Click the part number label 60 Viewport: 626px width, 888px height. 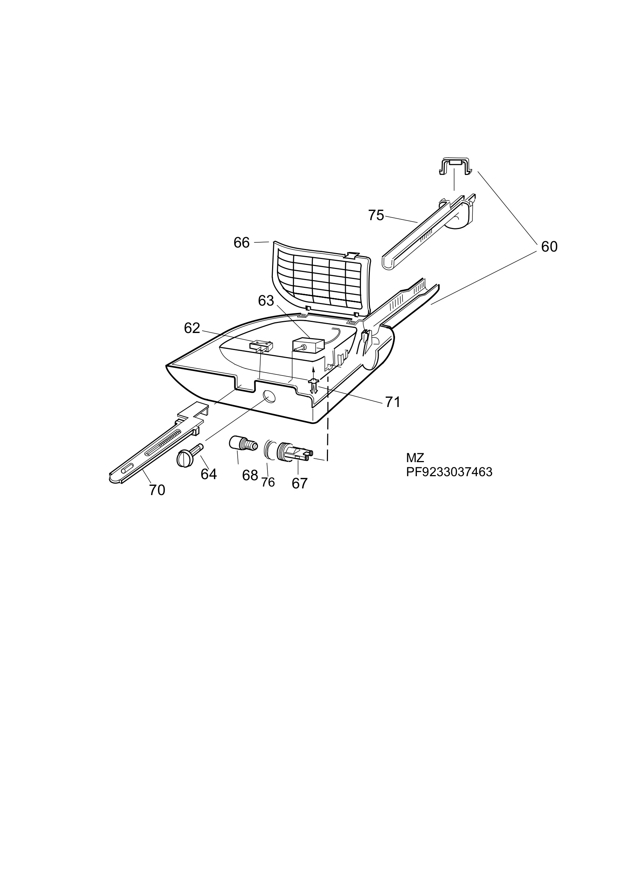pos(549,247)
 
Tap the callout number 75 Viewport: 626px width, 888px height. pos(376,215)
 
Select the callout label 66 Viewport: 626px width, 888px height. pos(241,243)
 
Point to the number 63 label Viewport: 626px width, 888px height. pos(266,301)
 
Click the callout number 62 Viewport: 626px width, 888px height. pos(192,328)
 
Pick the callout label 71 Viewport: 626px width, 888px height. pos(392,402)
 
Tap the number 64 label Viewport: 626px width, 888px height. pos(208,475)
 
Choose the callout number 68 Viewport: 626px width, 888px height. pos(250,475)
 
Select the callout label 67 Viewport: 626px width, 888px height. pos(299,484)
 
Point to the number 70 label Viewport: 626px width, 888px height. pos(157,490)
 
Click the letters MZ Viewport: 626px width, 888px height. pos(415,458)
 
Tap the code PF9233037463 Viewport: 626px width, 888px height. pos(449,472)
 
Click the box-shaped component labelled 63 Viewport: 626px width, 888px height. pos(308,346)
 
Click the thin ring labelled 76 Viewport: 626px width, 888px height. pos(268,450)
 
